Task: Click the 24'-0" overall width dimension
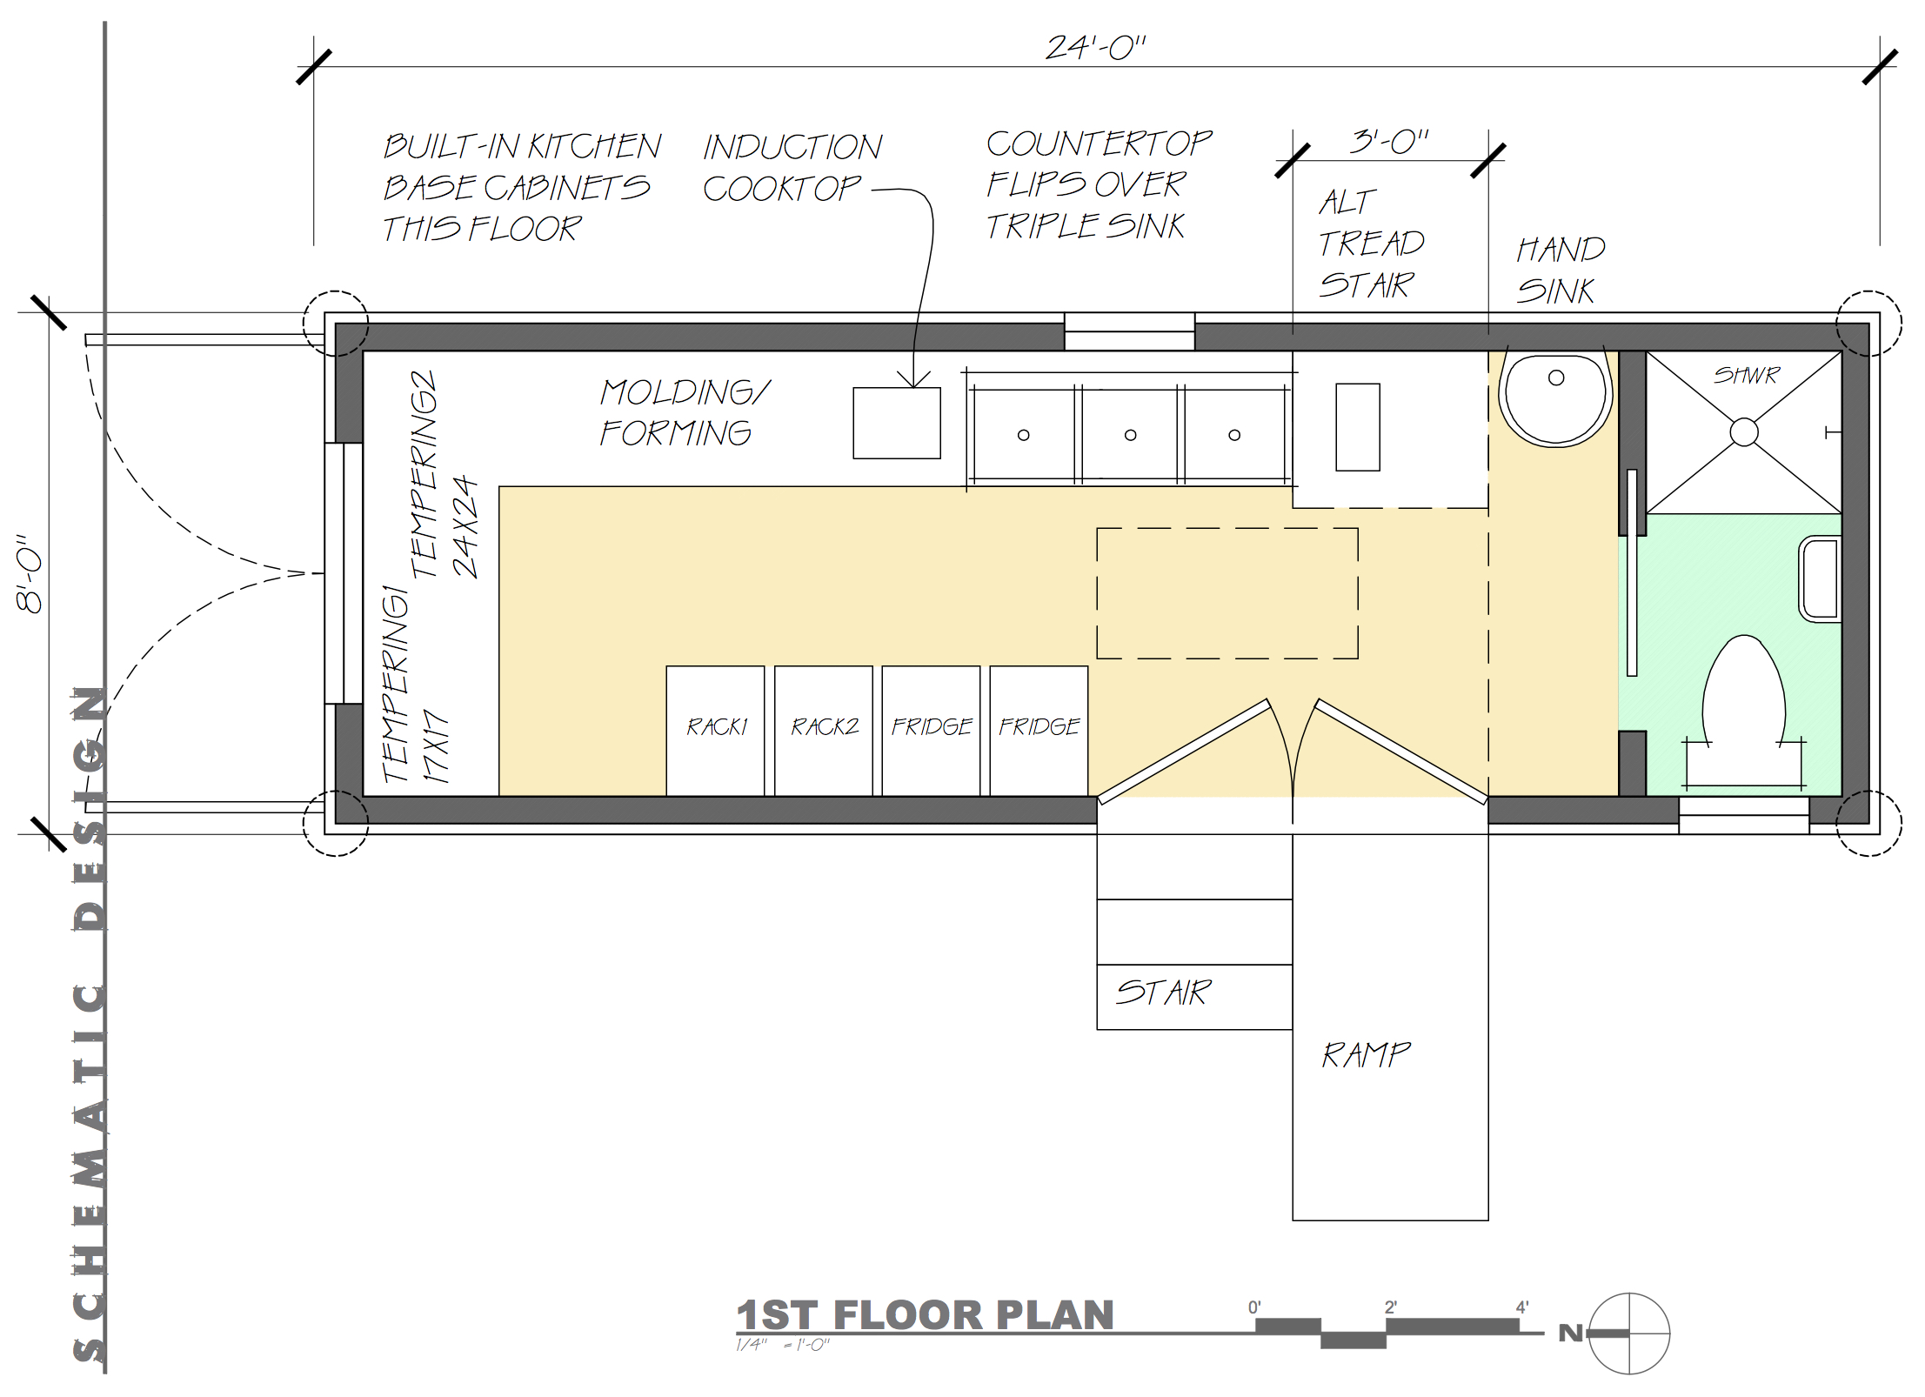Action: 1095,48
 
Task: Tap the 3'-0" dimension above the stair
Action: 1389,141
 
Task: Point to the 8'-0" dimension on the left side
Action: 30,573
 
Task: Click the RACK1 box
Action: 715,731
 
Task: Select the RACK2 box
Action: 823,731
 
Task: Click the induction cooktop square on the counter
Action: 897,423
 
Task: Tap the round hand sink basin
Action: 1556,399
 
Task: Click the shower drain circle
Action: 1743,432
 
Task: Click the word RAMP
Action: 1366,1055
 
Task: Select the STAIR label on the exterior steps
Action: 1163,993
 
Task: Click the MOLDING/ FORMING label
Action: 685,412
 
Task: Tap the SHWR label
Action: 1746,375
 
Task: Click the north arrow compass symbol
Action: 1629,1333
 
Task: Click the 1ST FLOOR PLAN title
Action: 925,1315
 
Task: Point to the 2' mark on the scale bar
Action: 1390,1307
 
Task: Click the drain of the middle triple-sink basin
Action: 1130,435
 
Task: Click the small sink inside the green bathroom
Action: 1820,579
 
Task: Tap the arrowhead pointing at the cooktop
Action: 913,379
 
